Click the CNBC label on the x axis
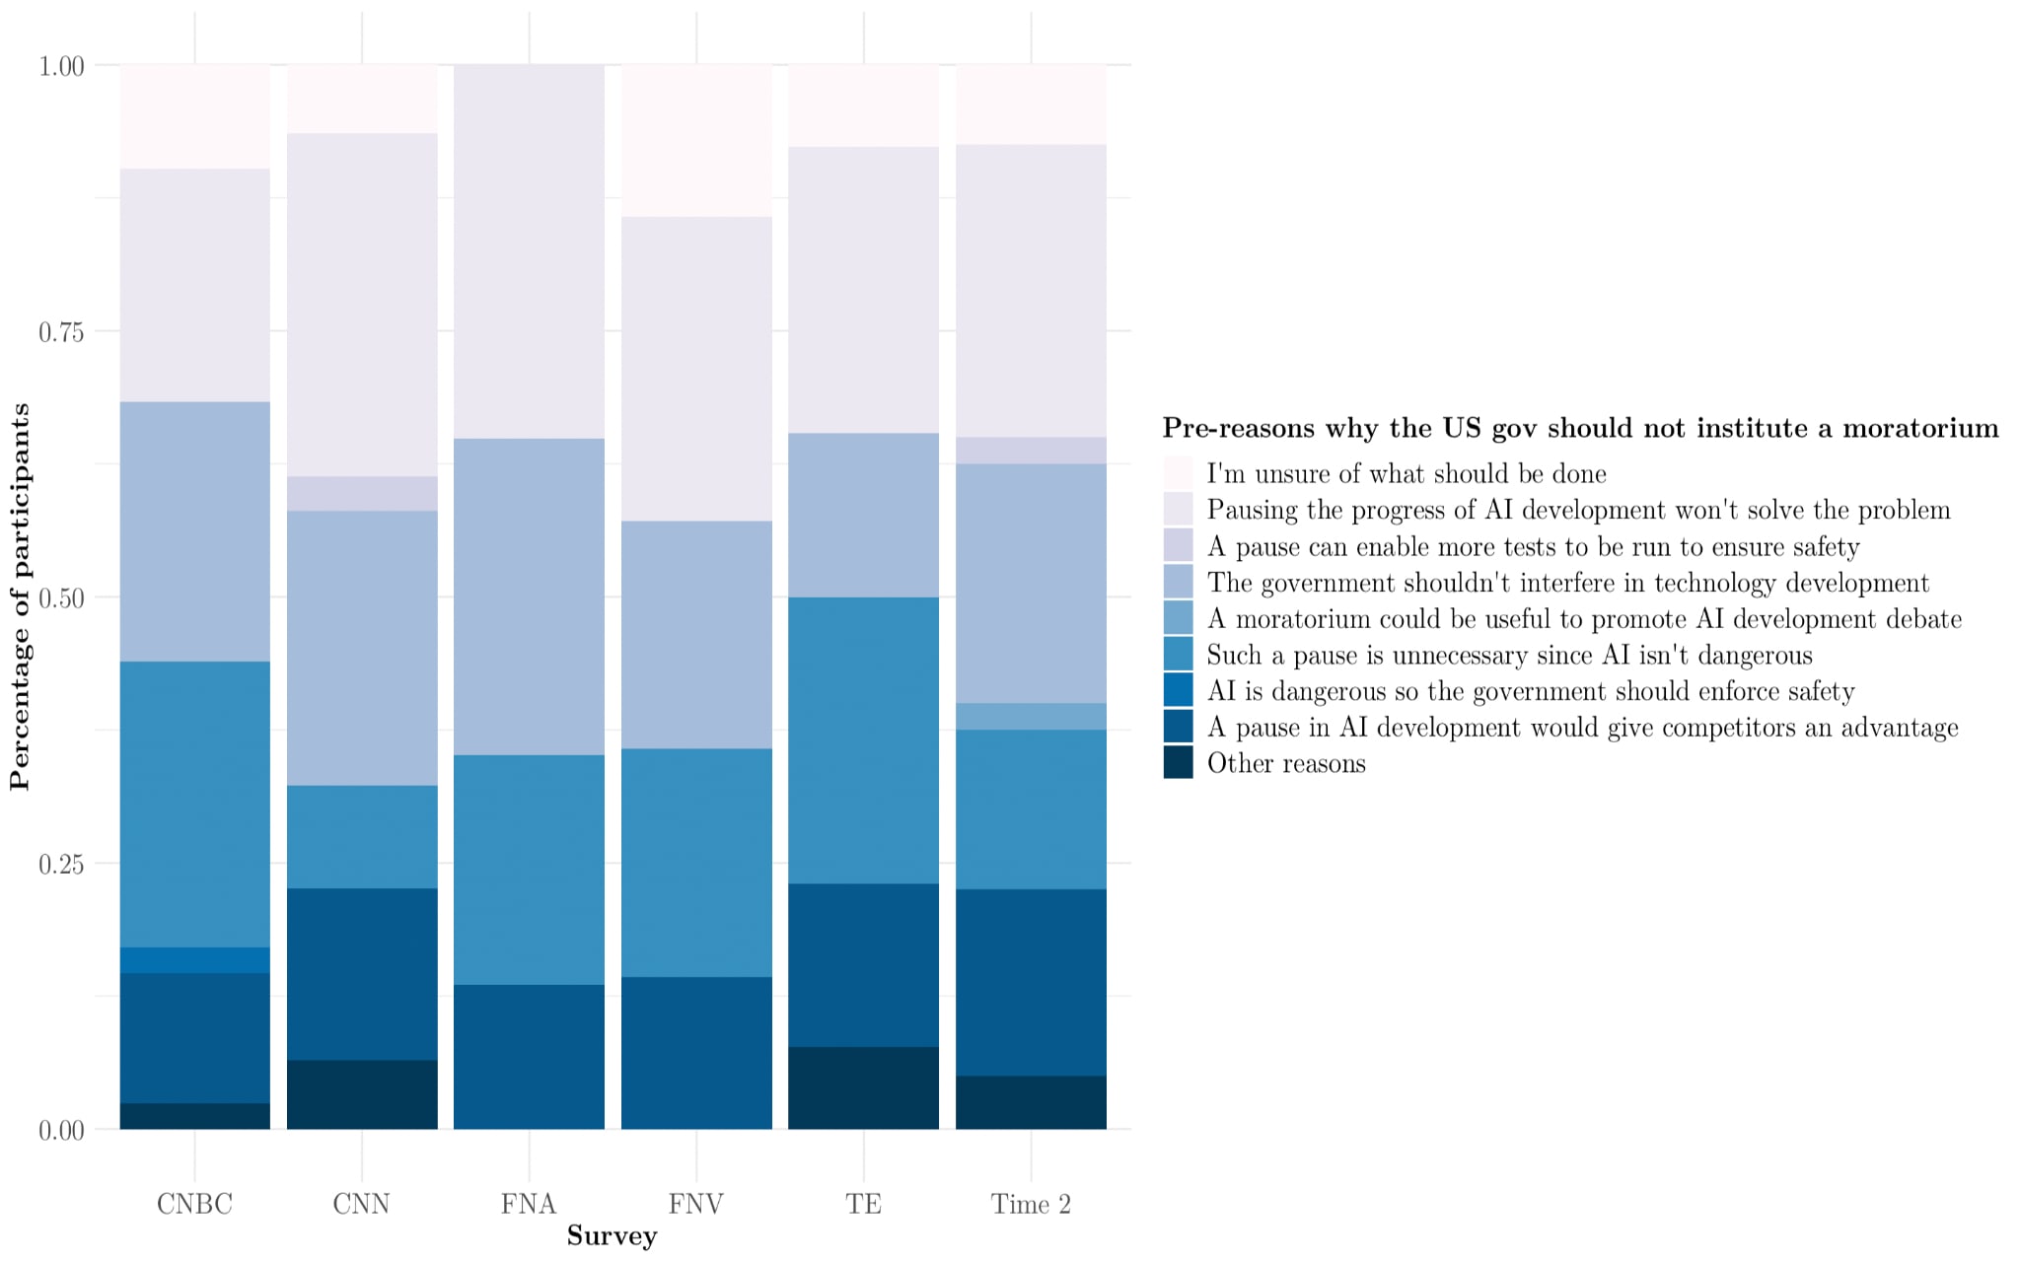coord(194,1204)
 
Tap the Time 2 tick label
coord(1031,1204)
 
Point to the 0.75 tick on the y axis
coord(61,332)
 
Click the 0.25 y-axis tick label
coord(61,865)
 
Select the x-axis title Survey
coord(612,1236)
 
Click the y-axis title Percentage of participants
coord(20,596)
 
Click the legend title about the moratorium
coord(1580,428)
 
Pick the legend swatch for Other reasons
coord(1178,763)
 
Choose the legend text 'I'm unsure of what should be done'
coord(1407,474)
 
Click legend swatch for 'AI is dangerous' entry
coord(1178,690)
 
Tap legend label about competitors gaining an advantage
coord(1582,728)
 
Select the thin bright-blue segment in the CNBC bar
coord(194,960)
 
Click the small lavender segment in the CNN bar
coord(362,493)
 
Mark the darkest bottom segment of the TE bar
coord(863,1087)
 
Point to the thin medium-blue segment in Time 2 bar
coord(1031,716)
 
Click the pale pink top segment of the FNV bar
coord(696,140)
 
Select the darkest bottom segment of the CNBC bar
coord(194,1116)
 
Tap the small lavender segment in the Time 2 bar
coord(1031,451)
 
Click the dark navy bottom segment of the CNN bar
coord(362,1094)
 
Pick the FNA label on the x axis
coord(529,1204)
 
